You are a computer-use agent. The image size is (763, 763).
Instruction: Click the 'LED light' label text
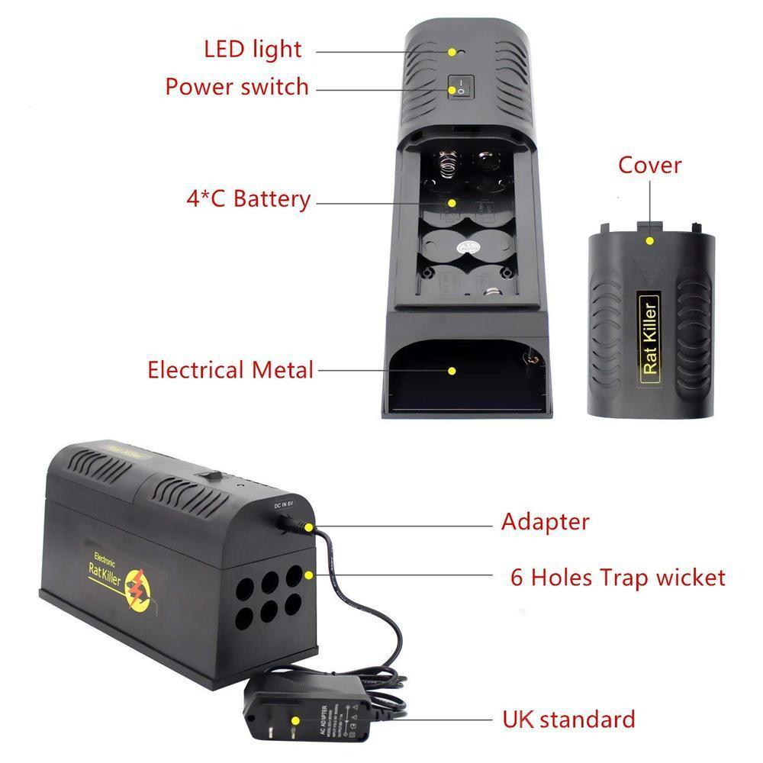pos(253,50)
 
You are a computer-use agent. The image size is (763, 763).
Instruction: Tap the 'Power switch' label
pos(237,86)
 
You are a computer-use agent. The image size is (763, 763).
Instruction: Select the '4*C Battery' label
pos(248,200)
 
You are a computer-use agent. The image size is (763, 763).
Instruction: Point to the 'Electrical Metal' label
pos(230,371)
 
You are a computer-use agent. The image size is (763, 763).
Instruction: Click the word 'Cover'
pos(649,165)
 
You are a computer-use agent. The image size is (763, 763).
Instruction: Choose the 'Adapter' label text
pos(545,523)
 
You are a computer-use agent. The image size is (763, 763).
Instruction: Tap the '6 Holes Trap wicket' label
pos(617,577)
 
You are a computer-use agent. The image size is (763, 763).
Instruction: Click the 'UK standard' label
pos(568,719)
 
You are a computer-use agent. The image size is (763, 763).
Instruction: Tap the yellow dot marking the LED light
pos(452,52)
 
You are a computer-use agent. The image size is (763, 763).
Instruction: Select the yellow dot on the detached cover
pos(649,240)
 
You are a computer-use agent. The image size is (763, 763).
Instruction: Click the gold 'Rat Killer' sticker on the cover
pos(649,336)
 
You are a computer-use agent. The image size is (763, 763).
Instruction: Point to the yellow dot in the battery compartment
pos(452,203)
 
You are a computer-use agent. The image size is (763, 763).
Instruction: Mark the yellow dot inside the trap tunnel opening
pos(452,371)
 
